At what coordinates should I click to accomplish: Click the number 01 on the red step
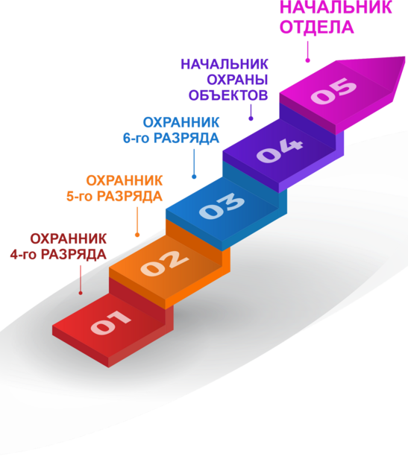click(110, 322)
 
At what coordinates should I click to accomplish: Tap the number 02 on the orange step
click(164, 263)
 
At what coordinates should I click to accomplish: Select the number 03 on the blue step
click(222, 206)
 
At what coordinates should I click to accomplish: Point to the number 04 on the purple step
click(280, 151)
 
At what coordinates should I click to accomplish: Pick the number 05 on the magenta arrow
click(333, 90)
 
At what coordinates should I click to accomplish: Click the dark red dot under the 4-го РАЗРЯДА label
click(81, 293)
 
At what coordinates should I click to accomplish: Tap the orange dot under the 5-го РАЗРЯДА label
click(137, 235)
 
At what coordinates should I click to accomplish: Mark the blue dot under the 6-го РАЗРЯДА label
click(194, 177)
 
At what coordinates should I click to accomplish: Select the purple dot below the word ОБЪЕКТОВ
click(251, 118)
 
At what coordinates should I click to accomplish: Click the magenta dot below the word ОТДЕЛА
click(308, 60)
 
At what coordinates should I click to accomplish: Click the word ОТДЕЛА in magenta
click(316, 27)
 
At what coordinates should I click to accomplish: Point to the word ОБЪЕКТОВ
click(228, 95)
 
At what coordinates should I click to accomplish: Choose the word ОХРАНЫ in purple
click(237, 80)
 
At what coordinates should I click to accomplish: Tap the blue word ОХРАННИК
click(181, 122)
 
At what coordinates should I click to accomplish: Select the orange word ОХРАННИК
click(125, 180)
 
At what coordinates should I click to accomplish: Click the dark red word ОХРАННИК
click(69, 238)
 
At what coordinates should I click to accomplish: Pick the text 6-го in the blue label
click(136, 138)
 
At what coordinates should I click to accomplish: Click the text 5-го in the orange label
click(80, 196)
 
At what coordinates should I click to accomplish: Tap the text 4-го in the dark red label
click(23, 255)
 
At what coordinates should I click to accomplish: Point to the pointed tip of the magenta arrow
click(404, 57)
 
